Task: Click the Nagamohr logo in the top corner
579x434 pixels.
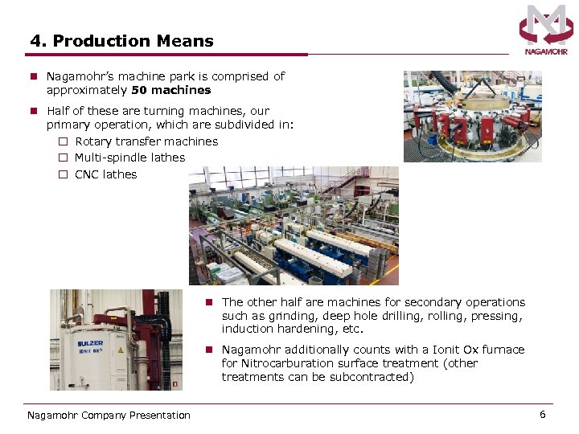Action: [546, 30]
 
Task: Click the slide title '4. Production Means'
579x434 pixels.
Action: [122, 41]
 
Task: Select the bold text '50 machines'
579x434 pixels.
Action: [171, 90]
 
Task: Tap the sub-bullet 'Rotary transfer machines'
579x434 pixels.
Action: [146, 141]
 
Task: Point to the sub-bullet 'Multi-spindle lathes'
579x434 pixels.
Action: [129, 158]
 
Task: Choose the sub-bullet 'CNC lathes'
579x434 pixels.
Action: [106, 174]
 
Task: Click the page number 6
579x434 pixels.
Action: [543, 415]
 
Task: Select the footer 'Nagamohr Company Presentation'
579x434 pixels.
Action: [109, 416]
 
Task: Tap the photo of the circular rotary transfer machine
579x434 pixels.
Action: [472, 117]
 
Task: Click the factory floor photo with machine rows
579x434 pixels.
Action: [294, 226]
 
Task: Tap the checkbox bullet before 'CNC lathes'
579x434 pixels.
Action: [63, 174]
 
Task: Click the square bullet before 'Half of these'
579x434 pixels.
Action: [35, 111]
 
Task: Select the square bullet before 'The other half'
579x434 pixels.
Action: [208, 302]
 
